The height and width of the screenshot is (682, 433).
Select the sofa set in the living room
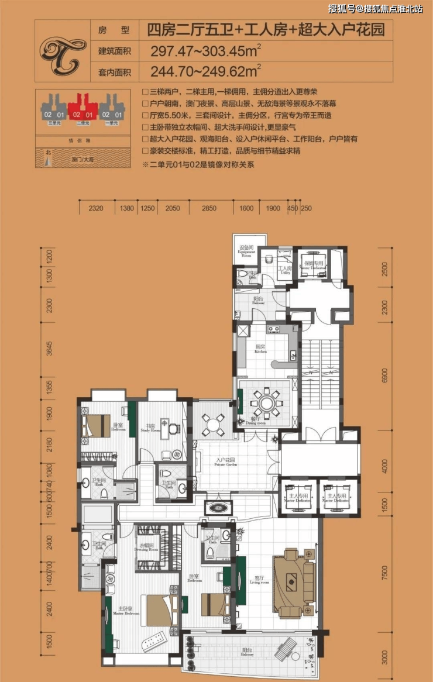click(x=292, y=583)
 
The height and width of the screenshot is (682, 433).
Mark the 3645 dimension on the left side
click(x=50, y=349)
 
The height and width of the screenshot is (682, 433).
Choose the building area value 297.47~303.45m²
click(x=205, y=51)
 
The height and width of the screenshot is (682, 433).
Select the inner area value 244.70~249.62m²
click(x=205, y=73)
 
